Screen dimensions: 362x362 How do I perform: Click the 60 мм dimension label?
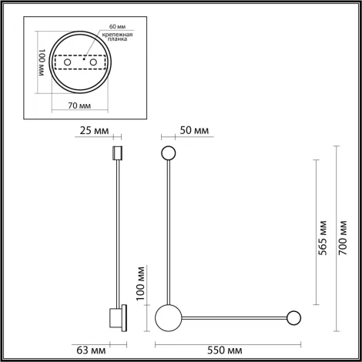click(x=96, y=27)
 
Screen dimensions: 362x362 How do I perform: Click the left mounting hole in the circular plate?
click(x=64, y=63)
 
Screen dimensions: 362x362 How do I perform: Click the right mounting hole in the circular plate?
click(x=93, y=63)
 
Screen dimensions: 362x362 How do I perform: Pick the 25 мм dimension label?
click(x=90, y=130)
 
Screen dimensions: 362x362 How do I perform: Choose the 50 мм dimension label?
click(x=196, y=130)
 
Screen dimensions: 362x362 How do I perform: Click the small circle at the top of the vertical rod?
click(x=167, y=153)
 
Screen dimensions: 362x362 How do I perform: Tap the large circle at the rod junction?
click(x=167, y=317)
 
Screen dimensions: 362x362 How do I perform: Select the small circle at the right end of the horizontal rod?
click(x=293, y=317)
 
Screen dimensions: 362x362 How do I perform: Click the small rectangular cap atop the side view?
click(x=118, y=153)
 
